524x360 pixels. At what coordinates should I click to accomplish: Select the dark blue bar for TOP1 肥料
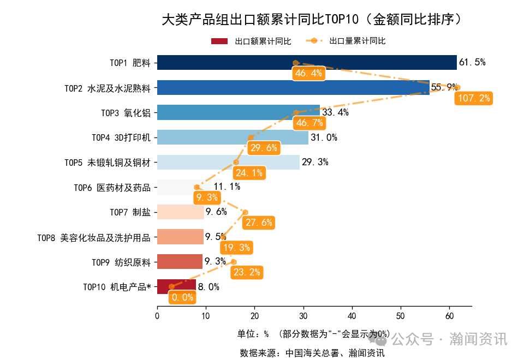pos(306,63)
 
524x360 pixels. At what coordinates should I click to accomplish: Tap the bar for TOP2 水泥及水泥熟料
pos(293,87)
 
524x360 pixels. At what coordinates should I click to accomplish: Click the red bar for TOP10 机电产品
pos(176,287)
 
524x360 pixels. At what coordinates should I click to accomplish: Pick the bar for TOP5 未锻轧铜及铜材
pos(228,162)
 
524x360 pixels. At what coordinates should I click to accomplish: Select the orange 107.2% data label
pos(473,98)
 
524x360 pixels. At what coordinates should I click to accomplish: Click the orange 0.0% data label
pos(182,297)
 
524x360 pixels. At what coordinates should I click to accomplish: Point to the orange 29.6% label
pos(264,148)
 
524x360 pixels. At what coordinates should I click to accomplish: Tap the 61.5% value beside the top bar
pos(472,63)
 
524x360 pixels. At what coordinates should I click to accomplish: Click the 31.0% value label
pos(324,137)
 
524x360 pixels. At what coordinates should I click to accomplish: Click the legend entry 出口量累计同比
pos(357,41)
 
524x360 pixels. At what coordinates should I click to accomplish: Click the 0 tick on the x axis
pos(157,316)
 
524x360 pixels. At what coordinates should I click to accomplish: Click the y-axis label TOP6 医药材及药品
pos(112,187)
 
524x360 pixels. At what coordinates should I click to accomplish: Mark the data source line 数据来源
pos(312,353)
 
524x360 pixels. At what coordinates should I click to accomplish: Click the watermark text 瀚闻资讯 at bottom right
pos(478,339)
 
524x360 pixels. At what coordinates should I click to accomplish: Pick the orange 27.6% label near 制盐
pos(258,223)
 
